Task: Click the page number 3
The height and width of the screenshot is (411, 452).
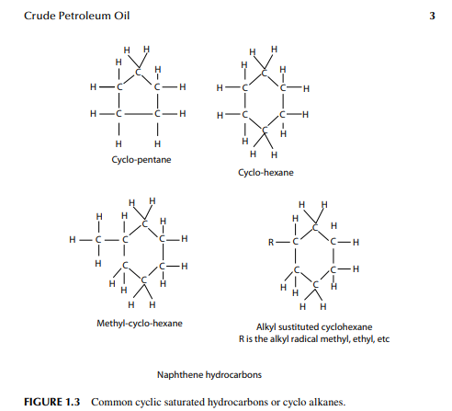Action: click(x=432, y=16)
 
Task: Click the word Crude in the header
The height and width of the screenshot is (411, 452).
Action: click(x=40, y=16)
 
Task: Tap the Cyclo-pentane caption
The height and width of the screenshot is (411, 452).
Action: click(x=141, y=160)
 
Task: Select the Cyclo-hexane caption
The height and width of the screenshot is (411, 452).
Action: click(x=266, y=173)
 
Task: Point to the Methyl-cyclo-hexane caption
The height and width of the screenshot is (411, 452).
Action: click(x=140, y=324)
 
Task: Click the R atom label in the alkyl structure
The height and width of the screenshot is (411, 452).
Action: click(x=271, y=243)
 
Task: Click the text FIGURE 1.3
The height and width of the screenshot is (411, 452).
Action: click(x=51, y=402)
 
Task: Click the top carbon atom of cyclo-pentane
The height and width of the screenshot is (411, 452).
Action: click(x=139, y=73)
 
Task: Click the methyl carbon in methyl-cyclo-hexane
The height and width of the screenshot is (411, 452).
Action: click(x=98, y=239)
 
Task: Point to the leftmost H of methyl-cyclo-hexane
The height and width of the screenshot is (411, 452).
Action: click(x=73, y=239)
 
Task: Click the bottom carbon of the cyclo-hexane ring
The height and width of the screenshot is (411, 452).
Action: click(x=265, y=131)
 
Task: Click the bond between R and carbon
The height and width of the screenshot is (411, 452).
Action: click(x=283, y=243)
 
